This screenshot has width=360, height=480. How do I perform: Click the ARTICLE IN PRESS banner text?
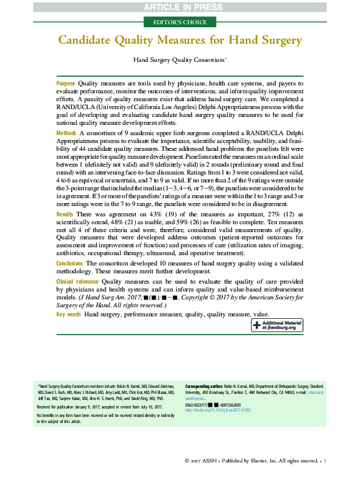click(x=180, y=7)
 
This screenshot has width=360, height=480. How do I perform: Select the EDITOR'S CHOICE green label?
click(x=179, y=22)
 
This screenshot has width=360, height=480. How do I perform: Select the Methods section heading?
click(x=66, y=132)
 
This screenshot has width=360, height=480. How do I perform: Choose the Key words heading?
click(x=69, y=315)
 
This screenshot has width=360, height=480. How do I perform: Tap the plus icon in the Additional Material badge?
click(x=257, y=325)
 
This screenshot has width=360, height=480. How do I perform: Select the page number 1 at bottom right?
click(x=325, y=461)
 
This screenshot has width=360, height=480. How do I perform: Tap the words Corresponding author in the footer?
click(x=203, y=385)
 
